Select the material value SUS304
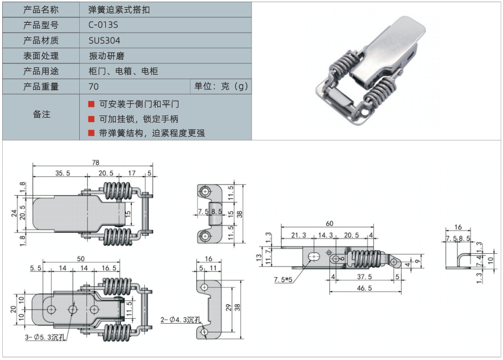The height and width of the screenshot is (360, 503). pos(104,41)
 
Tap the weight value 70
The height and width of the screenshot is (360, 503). pos(93,87)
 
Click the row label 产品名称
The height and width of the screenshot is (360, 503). pos(41,10)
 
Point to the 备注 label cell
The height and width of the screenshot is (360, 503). pos(41,114)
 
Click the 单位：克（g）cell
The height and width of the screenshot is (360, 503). pos(221,87)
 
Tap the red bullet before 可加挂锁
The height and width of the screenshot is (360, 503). pos(91,119)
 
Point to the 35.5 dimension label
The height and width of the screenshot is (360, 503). pos(63,173)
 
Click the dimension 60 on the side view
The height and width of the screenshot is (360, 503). pos(329,224)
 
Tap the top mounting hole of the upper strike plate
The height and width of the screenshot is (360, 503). pos(206,191)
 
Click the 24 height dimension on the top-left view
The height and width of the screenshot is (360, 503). pos(15,213)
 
